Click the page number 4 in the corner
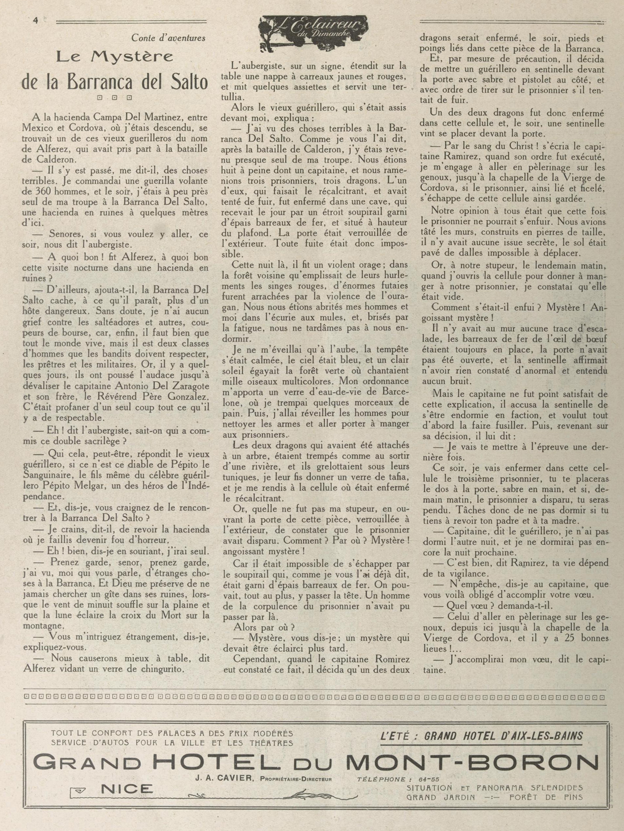(x=36, y=21)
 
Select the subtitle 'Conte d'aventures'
(x=168, y=38)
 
